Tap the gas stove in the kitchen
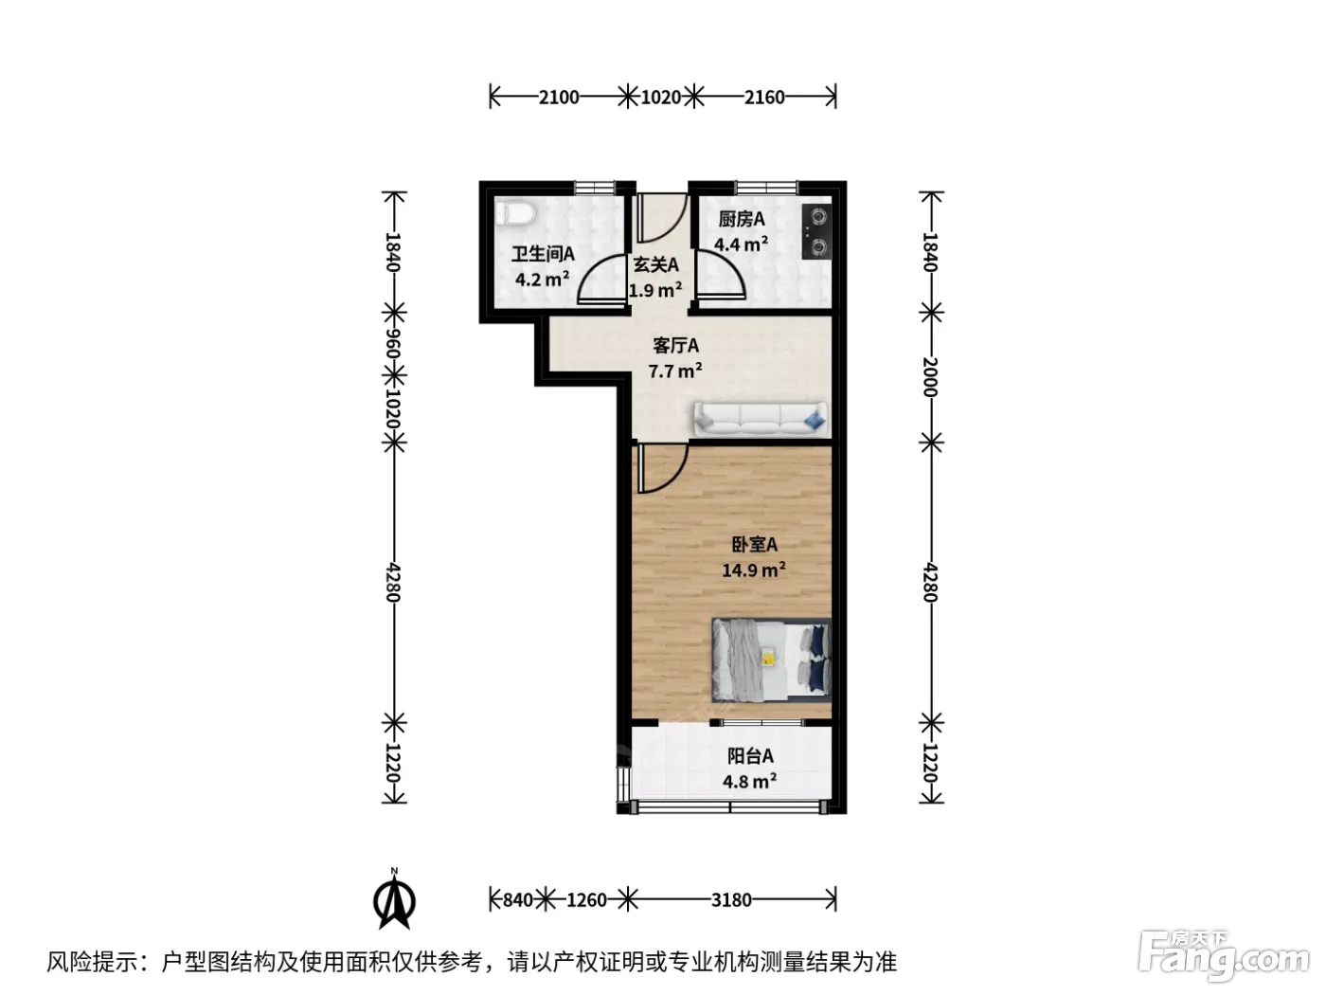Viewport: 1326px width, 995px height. (x=816, y=232)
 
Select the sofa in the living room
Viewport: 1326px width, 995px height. (x=760, y=418)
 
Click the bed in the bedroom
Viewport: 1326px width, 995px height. (x=771, y=660)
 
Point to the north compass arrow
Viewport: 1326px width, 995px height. (x=394, y=899)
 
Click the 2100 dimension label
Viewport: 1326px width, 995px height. (x=559, y=98)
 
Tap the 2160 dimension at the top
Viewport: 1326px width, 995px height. (x=764, y=98)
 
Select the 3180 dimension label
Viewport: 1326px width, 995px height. (x=731, y=900)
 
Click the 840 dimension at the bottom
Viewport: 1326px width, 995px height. (x=518, y=900)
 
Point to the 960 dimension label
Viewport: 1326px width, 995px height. (x=394, y=344)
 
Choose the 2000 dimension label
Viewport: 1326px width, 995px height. (x=930, y=376)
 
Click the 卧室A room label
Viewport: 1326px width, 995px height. (x=755, y=545)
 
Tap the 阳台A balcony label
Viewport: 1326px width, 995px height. (x=750, y=756)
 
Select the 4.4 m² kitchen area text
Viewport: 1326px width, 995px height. (x=742, y=244)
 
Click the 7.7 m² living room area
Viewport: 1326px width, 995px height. (x=675, y=371)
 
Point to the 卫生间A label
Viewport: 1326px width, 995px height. (x=543, y=254)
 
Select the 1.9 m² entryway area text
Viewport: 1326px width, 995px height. (x=655, y=290)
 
